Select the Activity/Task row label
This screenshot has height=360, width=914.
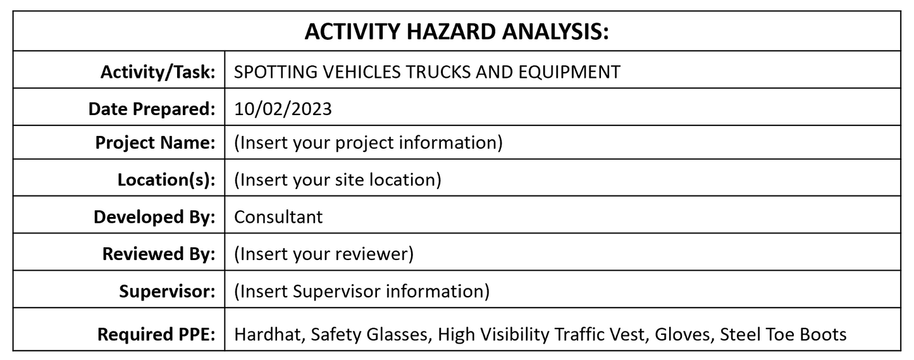pos(158,72)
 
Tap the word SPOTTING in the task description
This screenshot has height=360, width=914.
pos(275,72)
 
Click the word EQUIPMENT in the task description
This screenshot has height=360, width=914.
pos(569,72)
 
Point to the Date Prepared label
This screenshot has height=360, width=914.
pos(152,109)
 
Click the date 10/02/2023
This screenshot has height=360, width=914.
pos(283,109)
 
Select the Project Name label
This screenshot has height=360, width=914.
pos(155,143)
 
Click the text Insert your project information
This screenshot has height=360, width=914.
pos(369,143)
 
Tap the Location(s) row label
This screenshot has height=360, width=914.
pos(166,180)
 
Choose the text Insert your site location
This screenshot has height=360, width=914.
pos(338,180)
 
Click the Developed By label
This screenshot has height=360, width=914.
pos(154,217)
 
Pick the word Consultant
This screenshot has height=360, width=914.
pos(278,217)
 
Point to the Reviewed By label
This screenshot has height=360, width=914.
pos(159,254)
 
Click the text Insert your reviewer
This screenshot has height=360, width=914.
pos(324,254)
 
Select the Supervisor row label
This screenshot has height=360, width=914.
pos(167,292)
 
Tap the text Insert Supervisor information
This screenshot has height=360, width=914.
pos(362,292)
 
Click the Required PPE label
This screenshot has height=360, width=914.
pos(156,334)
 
